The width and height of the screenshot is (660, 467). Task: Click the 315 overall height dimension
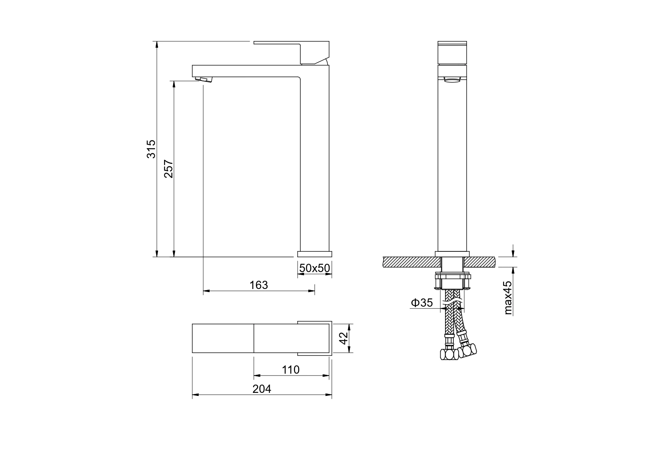click(x=151, y=149)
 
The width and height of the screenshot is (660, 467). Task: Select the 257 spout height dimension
click(x=168, y=169)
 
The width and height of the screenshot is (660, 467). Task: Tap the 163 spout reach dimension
click(x=259, y=285)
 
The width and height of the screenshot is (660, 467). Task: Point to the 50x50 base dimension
click(x=315, y=268)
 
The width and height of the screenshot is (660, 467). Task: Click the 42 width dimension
click(x=343, y=338)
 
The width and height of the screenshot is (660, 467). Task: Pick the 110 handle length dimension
click(x=291, y=370)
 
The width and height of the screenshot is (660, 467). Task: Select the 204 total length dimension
click(x=262, y=389)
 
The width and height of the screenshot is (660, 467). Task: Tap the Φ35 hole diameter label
click(x=421, y=303)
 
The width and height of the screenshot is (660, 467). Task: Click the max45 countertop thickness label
click(x=508, y=298)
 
